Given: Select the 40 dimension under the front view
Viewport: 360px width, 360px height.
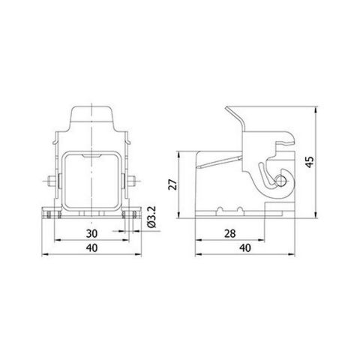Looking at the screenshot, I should click(89, 248).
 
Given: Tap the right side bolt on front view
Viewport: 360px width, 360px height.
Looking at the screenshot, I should click(133, 181).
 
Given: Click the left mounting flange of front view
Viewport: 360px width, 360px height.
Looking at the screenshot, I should click(49, 213).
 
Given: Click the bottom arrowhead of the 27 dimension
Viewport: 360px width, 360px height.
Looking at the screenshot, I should click(180, 216).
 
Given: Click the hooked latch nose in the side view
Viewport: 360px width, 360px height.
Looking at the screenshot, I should click(288, 142).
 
